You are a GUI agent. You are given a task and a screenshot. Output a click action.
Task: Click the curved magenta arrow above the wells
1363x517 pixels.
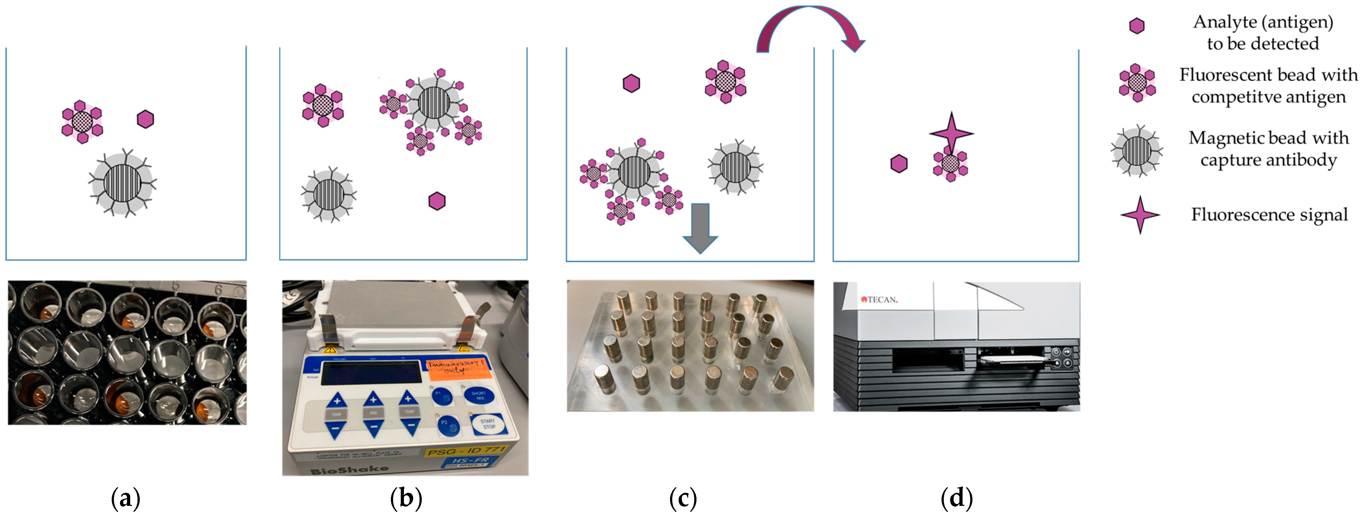809,26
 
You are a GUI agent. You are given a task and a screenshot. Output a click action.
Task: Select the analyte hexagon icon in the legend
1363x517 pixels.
1137,26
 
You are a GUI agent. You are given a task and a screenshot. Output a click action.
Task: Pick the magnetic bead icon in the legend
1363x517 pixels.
1137,151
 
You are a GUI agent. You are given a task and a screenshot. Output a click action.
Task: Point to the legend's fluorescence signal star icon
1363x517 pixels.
1140,215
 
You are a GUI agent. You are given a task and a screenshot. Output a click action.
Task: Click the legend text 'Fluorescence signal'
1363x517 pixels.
1269,215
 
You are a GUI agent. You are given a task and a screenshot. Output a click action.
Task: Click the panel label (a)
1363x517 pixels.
126,498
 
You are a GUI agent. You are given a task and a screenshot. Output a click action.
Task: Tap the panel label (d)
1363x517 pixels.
957,498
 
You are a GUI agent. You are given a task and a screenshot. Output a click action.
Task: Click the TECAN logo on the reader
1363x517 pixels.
879,300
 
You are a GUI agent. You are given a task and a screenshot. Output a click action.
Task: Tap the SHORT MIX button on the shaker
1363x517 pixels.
478,396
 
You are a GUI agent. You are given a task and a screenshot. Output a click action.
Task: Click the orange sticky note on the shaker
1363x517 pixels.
456,369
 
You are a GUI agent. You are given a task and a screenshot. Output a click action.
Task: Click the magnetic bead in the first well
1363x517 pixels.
123,183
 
